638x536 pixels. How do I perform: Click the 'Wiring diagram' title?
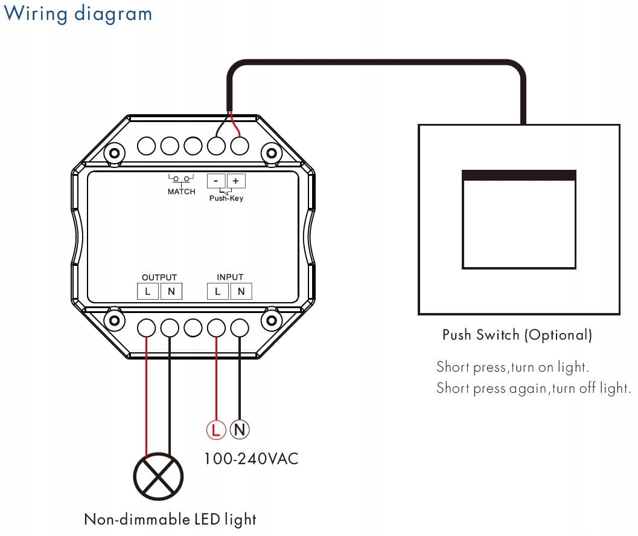click(78, 13)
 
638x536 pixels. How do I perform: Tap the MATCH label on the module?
click(181, 192)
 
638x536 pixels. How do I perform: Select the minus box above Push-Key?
click(216, 181)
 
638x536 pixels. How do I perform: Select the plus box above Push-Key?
click(235, 181)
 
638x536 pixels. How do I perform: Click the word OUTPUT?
click(159, 277)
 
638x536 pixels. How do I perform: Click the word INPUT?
click(230, 277)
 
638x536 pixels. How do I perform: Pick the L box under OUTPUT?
click(148, 292)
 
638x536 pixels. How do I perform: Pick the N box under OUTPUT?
click(171, 292)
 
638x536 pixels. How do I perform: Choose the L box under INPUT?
click(218, 292)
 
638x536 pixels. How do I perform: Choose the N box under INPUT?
click(241, 292)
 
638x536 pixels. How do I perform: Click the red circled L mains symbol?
click(216, 430)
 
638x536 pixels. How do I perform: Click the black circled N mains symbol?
click(240, 430)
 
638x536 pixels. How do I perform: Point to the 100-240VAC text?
click(251, 458)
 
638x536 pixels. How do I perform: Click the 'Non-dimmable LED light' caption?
click(170, 519)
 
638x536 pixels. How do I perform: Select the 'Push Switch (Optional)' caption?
click(517, 335)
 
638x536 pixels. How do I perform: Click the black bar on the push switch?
click(519, 175)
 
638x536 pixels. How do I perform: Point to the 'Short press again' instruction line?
click(534, 388)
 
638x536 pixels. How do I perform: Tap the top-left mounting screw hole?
click(113, 153)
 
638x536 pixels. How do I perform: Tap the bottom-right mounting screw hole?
click(272, 320)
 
